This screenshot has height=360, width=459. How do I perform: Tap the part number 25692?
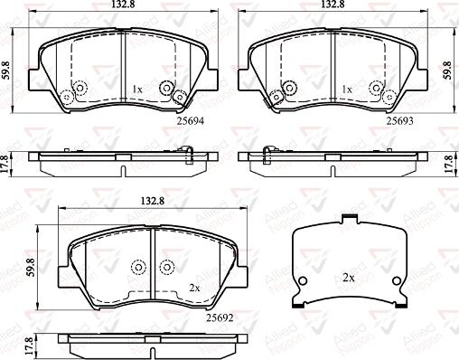tap(220, 317)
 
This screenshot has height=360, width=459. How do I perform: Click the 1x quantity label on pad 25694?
tap(137, 89)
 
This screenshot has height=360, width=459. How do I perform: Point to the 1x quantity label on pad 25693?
tap(347, 89)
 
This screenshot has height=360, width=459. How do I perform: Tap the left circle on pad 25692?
tap(138, 267)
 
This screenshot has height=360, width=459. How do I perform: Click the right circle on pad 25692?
tap(166, 267)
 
